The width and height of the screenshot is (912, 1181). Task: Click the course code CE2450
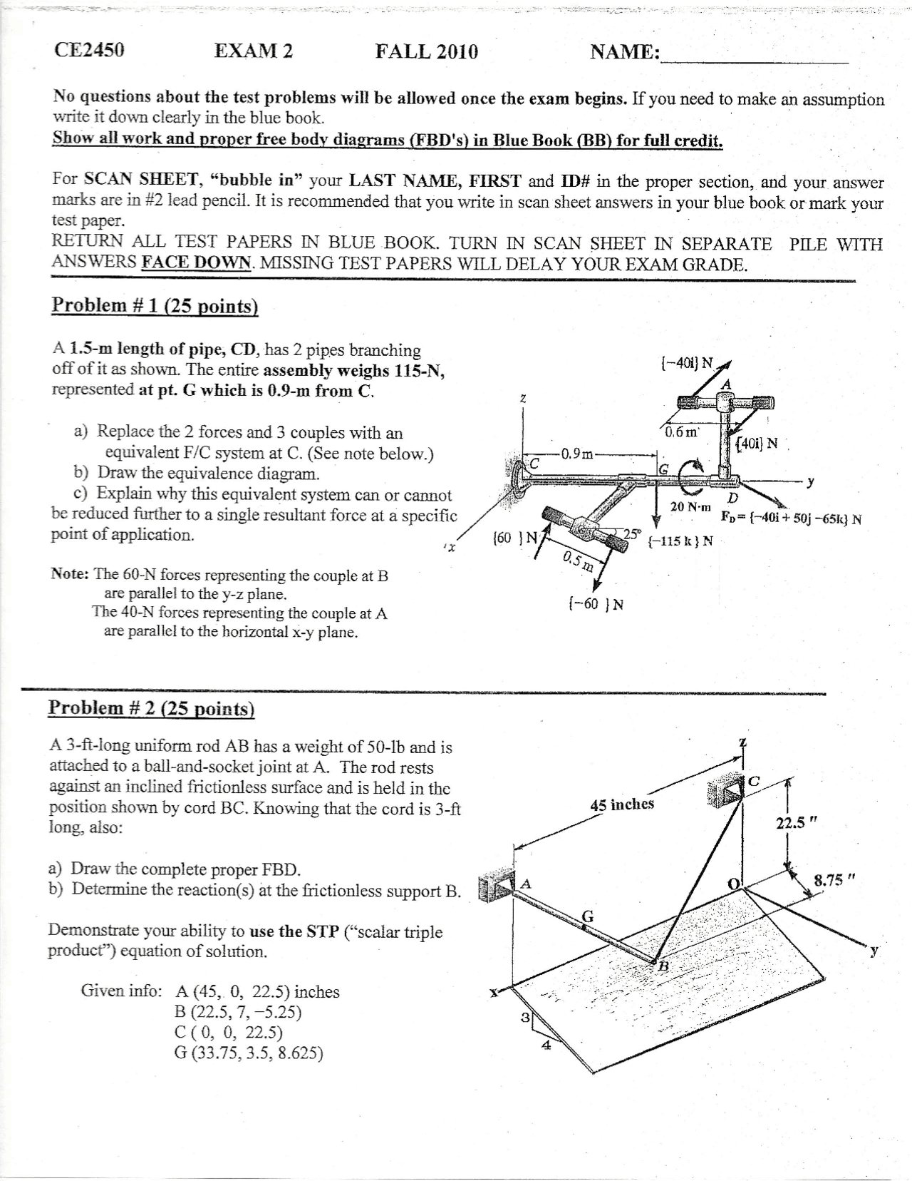coord(89,50)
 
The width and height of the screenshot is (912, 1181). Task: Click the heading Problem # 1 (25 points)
coord(155,305)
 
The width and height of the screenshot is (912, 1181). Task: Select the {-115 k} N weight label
coord(680,541)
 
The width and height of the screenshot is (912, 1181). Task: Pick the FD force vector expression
coord(791,518)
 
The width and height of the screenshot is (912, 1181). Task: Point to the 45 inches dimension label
coord(622,804)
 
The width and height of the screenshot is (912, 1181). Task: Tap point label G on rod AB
coord(589,915)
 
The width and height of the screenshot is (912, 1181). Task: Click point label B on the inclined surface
coord(663,967)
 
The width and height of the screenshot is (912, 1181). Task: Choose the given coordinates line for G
coord(249,1053)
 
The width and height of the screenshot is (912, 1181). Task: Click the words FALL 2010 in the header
coord(427,51)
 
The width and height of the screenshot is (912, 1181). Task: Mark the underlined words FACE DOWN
coord(197,262)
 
